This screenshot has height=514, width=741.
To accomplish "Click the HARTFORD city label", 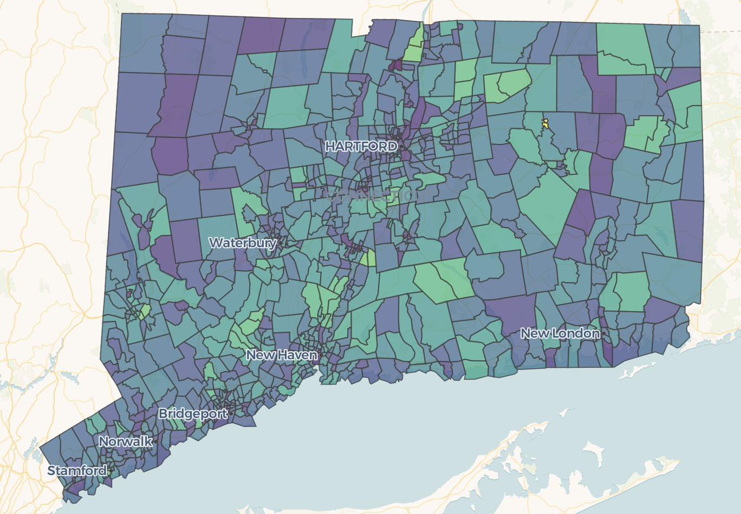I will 361,146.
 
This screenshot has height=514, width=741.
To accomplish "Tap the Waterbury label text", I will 243,243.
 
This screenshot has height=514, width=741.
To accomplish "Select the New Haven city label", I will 282,355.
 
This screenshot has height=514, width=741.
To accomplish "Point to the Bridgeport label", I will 193,414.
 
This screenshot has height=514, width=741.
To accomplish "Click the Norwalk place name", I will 126,441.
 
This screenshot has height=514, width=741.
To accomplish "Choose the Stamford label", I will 77,471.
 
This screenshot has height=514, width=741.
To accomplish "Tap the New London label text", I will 560,333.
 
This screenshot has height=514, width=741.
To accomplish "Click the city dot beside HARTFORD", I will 402,146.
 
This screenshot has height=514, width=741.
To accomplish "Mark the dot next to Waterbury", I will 281,243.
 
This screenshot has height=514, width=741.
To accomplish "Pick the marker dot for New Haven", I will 321,355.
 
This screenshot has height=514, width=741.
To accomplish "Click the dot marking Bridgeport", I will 231,414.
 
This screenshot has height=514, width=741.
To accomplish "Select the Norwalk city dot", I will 156,441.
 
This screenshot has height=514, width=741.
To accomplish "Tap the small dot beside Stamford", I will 110,471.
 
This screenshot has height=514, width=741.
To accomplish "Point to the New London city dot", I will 603,334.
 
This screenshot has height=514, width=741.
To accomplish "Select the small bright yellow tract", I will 545,123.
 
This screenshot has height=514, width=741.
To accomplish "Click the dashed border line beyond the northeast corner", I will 720,31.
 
